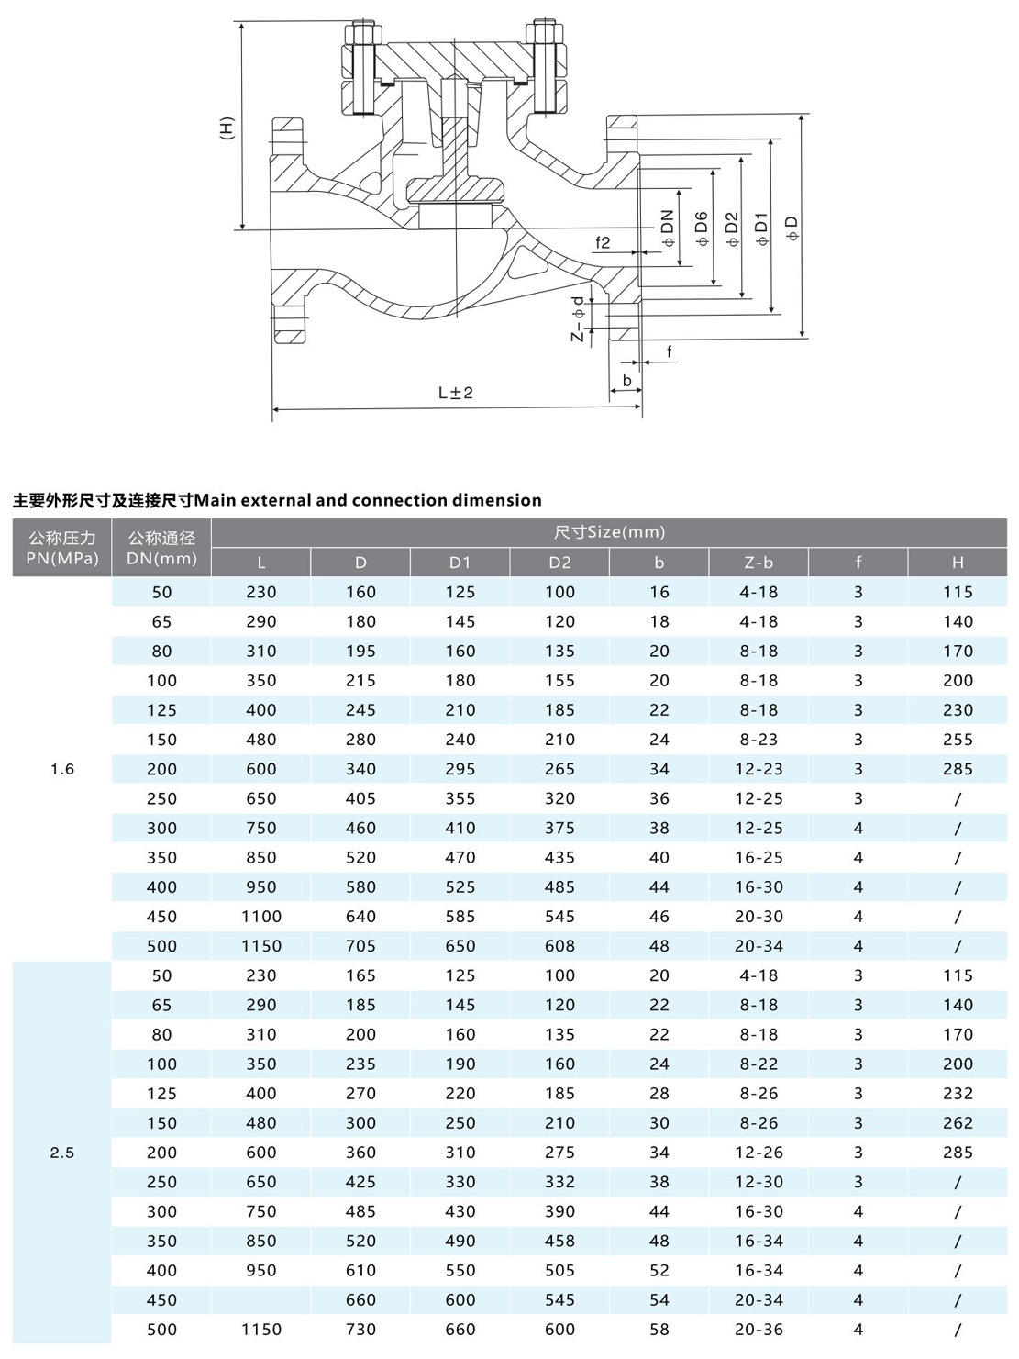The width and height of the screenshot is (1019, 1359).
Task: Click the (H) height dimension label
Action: (x=227, y=128)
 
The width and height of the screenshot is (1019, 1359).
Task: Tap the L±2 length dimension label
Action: (x=456, y=393)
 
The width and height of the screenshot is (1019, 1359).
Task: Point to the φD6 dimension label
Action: (x=702, y=228)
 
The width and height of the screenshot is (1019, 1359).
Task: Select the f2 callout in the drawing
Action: (x=603, y=242)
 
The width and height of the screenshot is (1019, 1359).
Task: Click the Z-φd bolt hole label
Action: (x=578, y=318)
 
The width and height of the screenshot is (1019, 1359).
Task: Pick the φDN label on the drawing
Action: (x=668, y=228)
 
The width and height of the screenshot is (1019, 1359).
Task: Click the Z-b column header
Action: (x=759, y=563)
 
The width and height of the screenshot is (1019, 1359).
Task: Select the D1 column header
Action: (x=460, y=563)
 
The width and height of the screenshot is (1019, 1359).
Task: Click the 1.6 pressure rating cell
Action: (x=62, y=769)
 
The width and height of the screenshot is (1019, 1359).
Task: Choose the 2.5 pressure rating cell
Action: (x=62, y=1153)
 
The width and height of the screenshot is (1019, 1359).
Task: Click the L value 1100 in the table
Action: (x=261, y=917)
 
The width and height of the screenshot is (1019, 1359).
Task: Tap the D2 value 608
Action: (x=559, y=946)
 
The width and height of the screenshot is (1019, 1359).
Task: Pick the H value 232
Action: (x=958, y=1094)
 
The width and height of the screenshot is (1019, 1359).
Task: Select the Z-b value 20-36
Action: (x=759, y=1330)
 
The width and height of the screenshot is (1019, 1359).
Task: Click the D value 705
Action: (x=360, y=946)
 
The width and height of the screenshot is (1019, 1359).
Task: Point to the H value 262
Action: (x=958, y=1123)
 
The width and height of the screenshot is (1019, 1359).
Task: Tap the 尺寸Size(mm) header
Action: (x=609, y=532)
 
